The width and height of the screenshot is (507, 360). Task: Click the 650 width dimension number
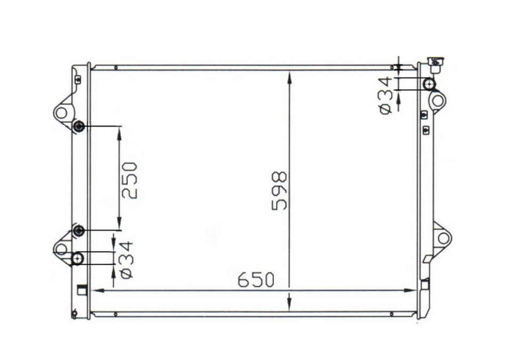tap(256, 279)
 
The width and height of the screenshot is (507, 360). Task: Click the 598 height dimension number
tap(280, 190)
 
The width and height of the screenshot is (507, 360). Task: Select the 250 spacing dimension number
tap(129, 180)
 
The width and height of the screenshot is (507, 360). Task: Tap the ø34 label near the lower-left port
tap(126, 260)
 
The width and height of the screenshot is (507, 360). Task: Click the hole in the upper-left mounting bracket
tap(61, 113)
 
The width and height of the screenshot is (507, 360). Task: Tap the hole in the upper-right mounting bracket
tap(438, 100)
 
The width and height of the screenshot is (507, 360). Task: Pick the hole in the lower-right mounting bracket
tap(443, 238)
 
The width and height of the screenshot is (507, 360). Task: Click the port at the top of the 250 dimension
tap(78, 126)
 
